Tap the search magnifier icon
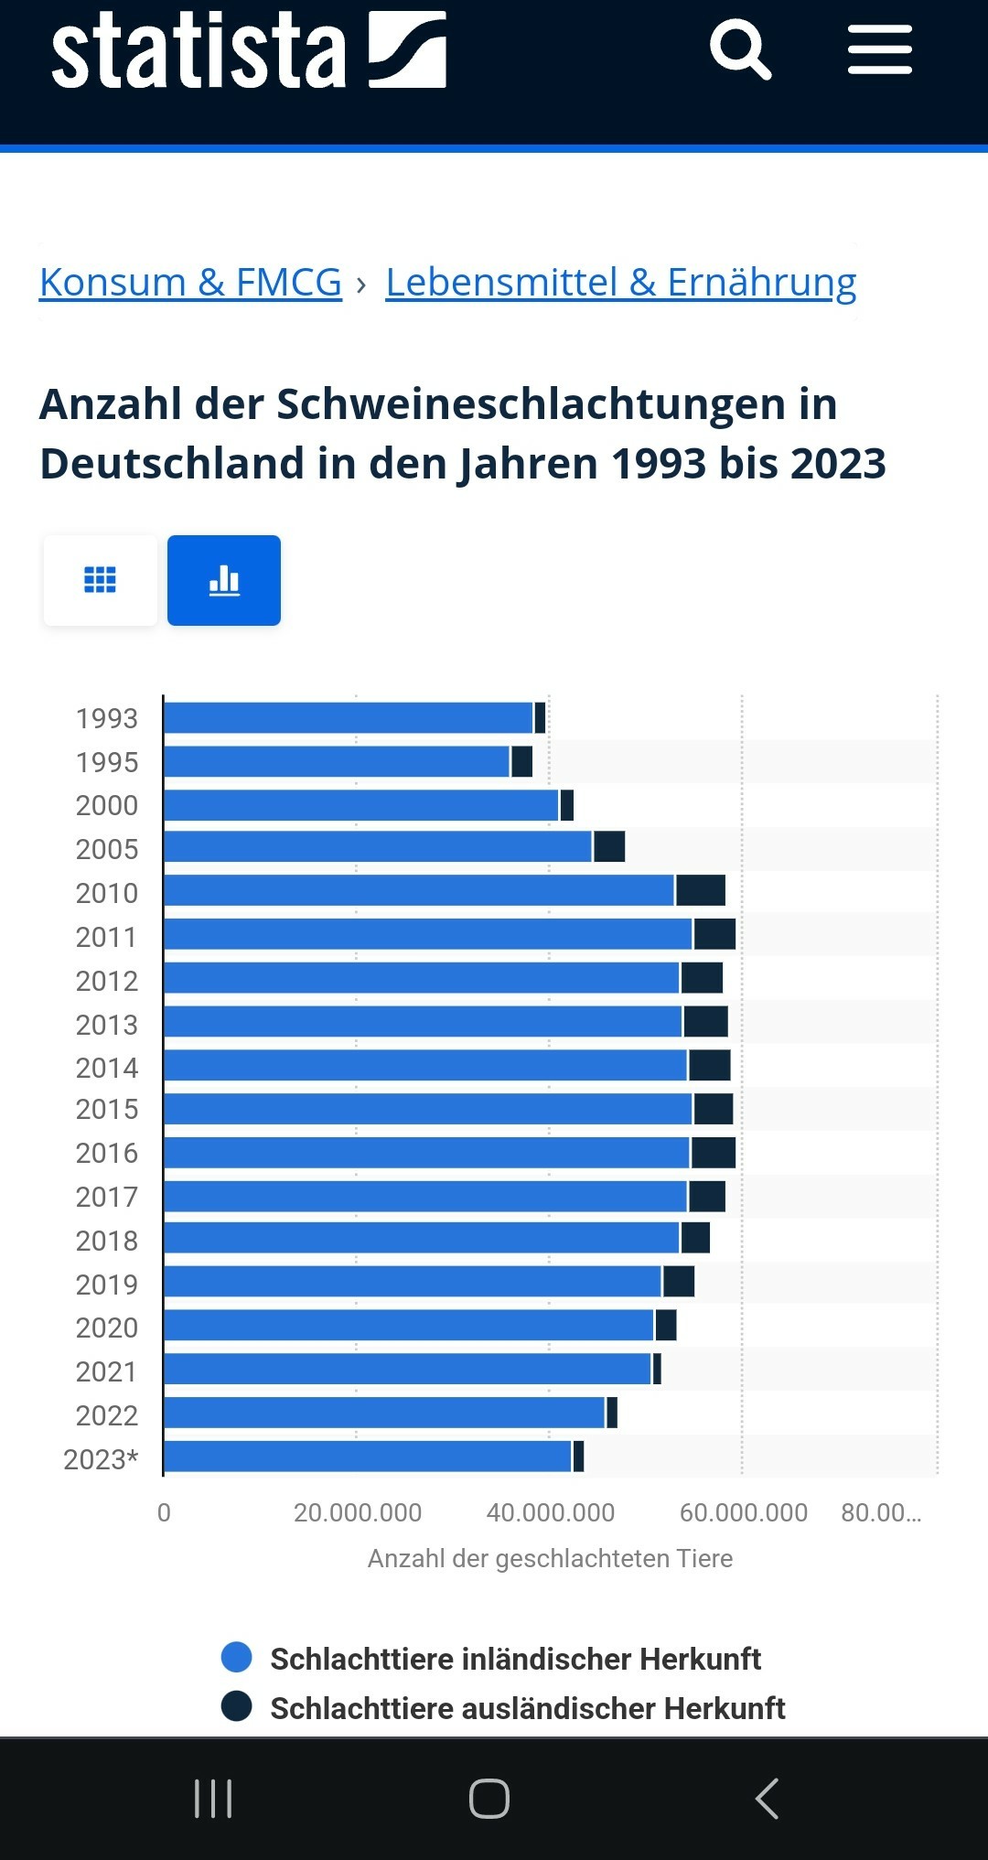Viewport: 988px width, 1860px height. pos(740,48)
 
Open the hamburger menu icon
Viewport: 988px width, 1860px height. pos(879,49)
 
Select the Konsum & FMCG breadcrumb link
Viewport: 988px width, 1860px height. pos(190,282)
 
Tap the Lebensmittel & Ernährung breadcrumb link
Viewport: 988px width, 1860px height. pos(620,282)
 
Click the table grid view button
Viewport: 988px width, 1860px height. pos(100,580)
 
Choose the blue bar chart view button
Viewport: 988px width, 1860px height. pos(224,580)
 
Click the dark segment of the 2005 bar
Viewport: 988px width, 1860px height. pos(609,846)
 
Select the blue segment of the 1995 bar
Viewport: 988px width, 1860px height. pos(337,761)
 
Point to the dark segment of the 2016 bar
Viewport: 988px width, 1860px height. pos(714,1153)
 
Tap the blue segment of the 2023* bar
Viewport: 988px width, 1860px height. pos(368,1457)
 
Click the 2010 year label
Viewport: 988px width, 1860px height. pos(106,893)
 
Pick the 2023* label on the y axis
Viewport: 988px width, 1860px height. pos(101,1459)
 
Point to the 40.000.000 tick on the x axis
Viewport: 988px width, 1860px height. pos(550,1512)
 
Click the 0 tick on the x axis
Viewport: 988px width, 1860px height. pos(164,1512)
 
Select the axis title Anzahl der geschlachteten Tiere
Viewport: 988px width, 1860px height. pos(550,1558)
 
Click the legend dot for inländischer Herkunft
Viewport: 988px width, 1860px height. pos(237,1657)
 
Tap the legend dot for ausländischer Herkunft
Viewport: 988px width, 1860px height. pos(237,1706)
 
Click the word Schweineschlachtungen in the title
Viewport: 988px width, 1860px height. pos(531,404)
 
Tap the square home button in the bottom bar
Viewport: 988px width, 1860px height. pos(489,1798)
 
